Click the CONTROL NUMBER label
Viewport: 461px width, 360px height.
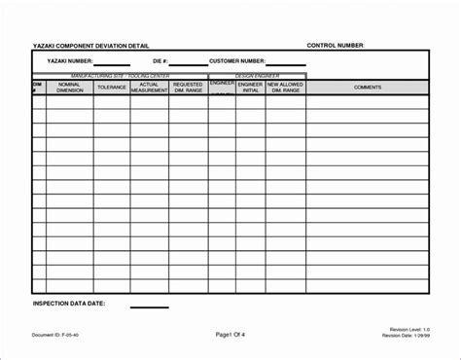[x=336, y=46]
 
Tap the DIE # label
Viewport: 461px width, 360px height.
[x=160, y=60]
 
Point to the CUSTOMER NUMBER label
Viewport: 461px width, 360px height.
[x=236, y=60]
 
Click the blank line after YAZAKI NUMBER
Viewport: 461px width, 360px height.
[x=112, y=64]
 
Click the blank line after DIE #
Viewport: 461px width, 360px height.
[x=189, y=64]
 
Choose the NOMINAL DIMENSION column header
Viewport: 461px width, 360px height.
[x=70, y=88]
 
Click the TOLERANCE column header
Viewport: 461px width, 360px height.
[x=111, y=88]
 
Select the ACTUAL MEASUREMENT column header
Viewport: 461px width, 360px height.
[x=149, y=88]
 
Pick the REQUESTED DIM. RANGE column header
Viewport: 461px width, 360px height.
[x=188, y=88]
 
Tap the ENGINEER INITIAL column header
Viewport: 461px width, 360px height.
[x=251, y=88]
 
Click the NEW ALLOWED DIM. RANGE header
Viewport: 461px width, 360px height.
[x=287, y=88]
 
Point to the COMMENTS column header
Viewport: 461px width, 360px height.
[x=368, y=88]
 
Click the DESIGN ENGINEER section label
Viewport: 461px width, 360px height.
[x=258, y=75]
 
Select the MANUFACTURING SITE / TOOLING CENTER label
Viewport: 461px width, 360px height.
[x=119, y=75]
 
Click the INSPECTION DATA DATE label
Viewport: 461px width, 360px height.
[x=69, y=304]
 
